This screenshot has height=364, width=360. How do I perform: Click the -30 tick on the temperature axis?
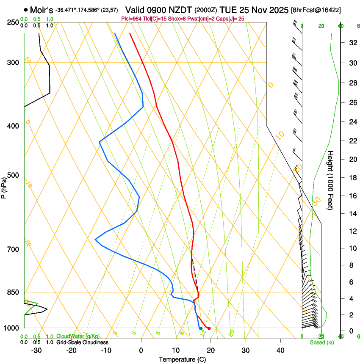(36, 350)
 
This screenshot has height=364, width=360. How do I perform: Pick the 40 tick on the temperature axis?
(280, 350)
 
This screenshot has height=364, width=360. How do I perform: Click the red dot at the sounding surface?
(209, 328)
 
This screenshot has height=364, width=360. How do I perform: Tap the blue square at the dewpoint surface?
(200, 328)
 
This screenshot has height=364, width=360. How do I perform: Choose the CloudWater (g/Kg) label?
(78, 336)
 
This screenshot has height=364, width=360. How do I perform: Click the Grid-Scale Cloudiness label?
(82, 342)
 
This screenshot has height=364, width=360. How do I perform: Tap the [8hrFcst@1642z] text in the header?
(316, 10)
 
